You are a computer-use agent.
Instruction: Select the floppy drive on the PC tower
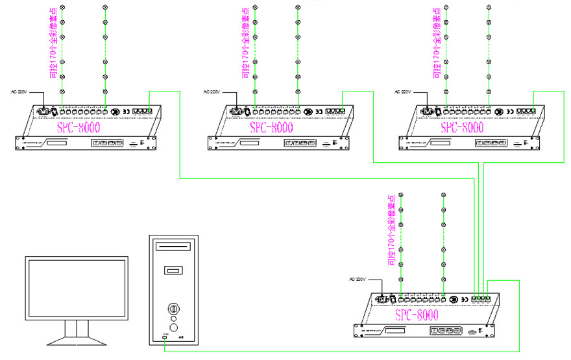click(173, 270)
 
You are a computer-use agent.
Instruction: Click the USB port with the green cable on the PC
click(165, 337)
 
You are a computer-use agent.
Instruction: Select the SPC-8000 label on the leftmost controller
click(79, 126)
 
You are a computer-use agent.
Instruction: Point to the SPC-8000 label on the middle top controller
click(271, 126)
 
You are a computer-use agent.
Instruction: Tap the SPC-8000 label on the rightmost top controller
click(463, 126)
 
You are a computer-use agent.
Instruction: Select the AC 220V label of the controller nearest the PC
click(358, 280)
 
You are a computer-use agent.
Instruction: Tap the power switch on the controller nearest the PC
click(393, 299)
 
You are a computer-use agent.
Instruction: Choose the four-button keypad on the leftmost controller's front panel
click(108, 143)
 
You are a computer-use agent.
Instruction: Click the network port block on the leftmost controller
click(142, 112)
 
